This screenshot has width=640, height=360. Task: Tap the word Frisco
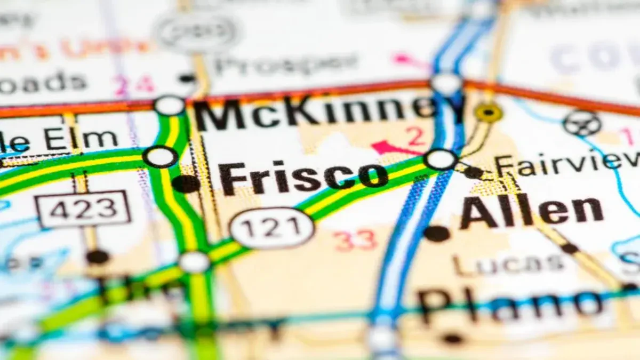click(303, 178)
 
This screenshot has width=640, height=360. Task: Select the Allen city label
click(531, 210)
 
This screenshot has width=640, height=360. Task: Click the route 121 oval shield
click(272, 228)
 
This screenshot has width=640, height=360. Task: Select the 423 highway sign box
click(83, 209)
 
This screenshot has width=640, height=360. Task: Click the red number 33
click(356, 241)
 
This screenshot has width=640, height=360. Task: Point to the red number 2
click(415, 137)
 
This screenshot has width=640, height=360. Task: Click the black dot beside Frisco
click(186, 183)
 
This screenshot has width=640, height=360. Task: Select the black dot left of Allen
click(437, 233)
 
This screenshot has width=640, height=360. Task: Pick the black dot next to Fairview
click(473, 172)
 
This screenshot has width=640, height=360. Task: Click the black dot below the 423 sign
click(98, 257)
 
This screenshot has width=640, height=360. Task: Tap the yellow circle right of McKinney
click(489, 113)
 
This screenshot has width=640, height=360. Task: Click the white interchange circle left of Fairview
click(441, 159)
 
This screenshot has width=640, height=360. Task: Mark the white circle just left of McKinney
click(169, 105)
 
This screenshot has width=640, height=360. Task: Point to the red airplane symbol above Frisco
click(388, 147)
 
